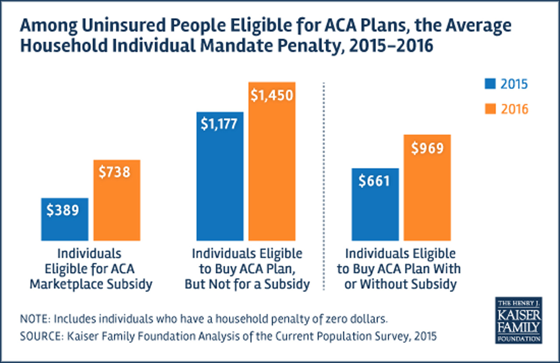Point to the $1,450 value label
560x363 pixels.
click(272, 95)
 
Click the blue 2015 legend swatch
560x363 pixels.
click(491, 84)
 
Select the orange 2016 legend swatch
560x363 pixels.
click(491, 109)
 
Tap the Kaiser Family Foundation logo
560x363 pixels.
click(519, 320)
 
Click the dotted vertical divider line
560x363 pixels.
click(324, 184)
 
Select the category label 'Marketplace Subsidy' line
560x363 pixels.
click(91, 284)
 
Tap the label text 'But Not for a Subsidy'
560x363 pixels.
click(247, 284)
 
